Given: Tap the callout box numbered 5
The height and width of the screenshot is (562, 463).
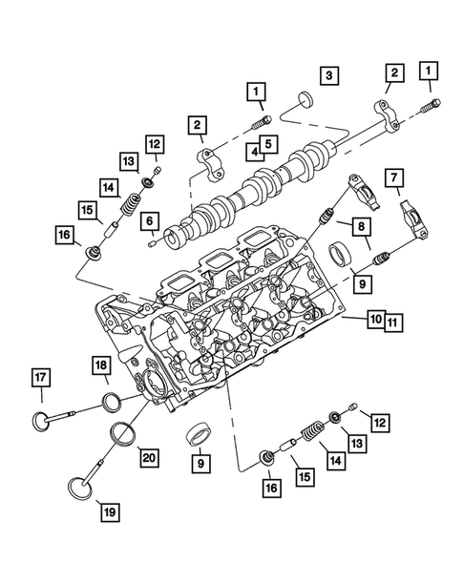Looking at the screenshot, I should [x=270, y=145].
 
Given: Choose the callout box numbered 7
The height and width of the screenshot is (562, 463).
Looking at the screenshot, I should [x=393, y=177].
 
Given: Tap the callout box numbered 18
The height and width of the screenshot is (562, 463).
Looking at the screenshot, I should [x=102, y=366].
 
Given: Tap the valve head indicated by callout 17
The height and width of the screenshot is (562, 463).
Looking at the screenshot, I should [x=42, y=420].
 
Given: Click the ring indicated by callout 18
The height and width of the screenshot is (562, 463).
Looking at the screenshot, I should [x=113, y=401].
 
